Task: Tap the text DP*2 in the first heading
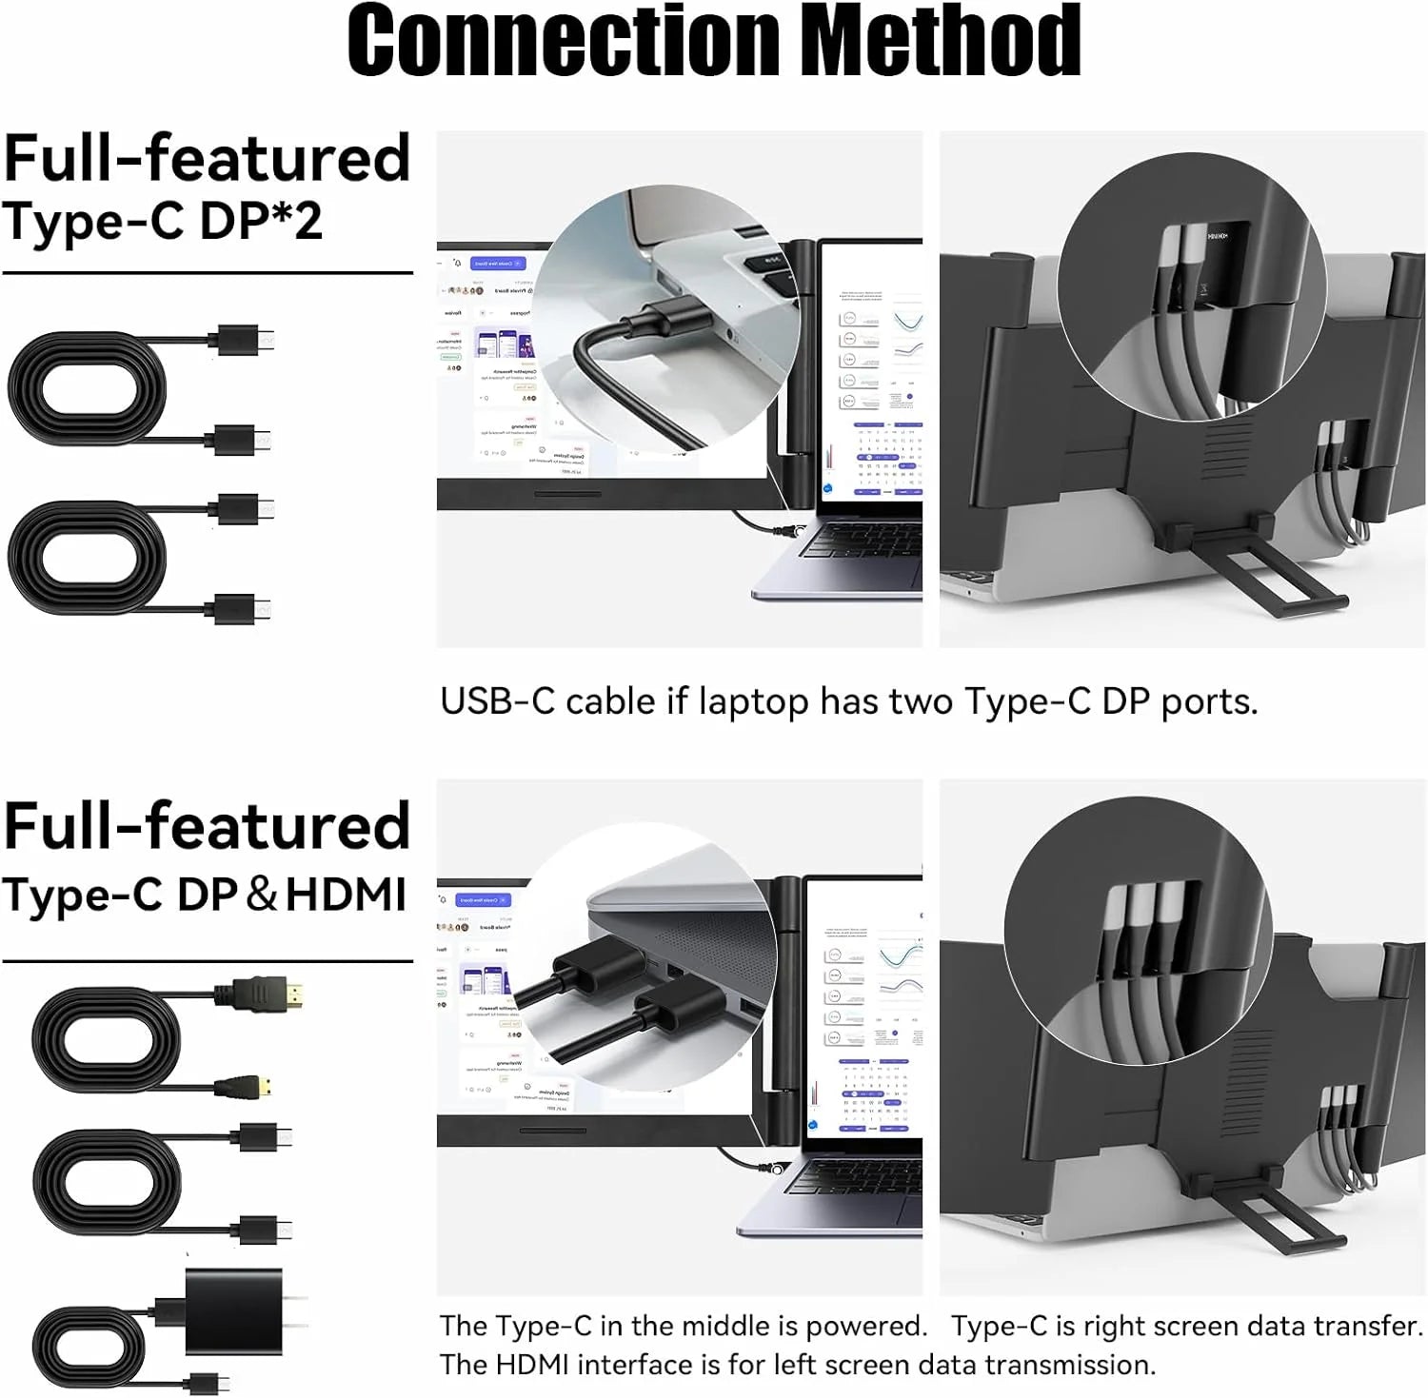coord(261,221)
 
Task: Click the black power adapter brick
coord(233,1310)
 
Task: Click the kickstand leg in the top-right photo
coord(1303,571)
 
